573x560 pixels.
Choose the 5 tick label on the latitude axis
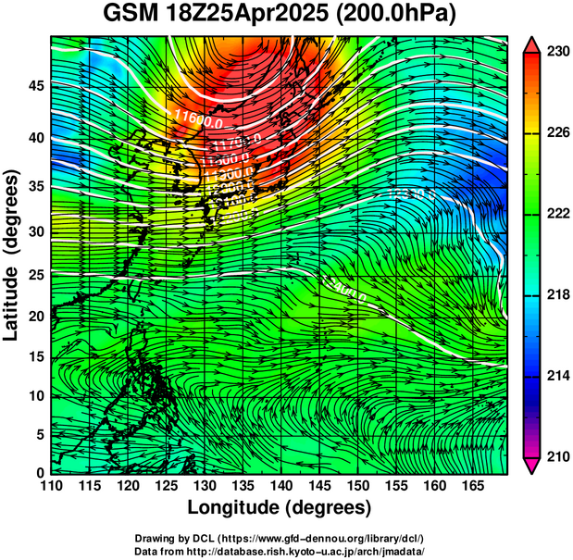(x=39, y=434)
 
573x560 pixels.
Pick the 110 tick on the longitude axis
(x=51, y=485)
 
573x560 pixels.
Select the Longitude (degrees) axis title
(x=280, y=507)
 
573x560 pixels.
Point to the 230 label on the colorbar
(x=558, y=52)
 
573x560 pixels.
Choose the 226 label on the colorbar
(x=558, y=133)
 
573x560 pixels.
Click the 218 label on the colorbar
(x=558, y=295)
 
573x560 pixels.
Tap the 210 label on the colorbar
(x=558, y=456)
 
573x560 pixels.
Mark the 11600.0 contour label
(x=198, y=117)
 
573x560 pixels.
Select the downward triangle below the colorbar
(x=533, y=466)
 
